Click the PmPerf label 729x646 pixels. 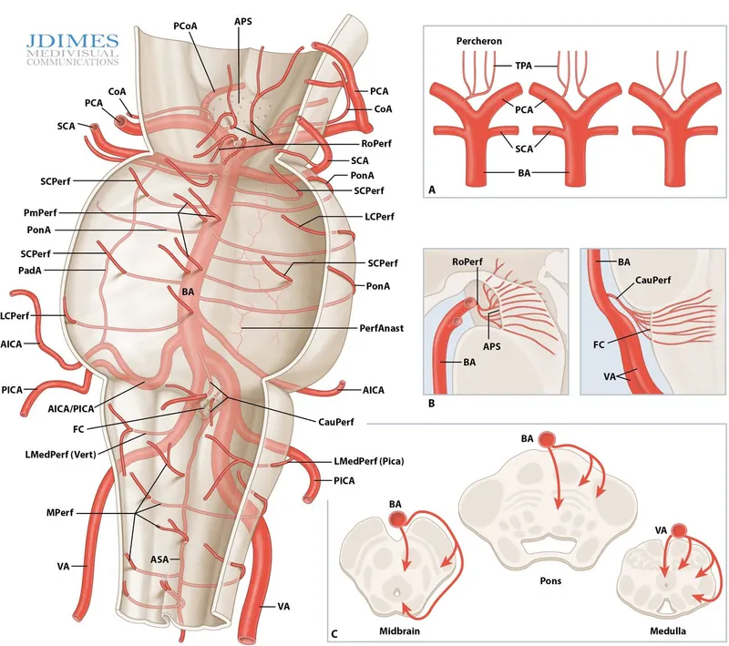coord(43,212)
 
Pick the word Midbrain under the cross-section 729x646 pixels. coord(380,630)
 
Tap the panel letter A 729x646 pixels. coord(433,191)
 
